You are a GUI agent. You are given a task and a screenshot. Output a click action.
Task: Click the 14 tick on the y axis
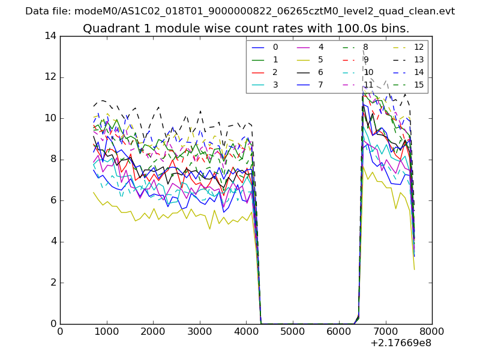point(50,36)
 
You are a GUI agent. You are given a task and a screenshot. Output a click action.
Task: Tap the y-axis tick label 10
point(50,118)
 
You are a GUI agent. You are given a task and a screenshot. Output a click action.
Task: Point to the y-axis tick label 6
point(53,200)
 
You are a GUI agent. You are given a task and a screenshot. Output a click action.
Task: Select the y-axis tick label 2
point(53,283)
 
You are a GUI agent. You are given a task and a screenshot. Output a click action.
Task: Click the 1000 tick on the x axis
point(106,331)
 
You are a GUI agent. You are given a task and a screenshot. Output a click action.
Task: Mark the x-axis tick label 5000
point(292,331)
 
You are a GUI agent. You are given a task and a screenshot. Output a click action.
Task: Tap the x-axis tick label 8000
point(432,331)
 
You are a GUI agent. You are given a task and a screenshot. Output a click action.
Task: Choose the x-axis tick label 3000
point(199,331)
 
